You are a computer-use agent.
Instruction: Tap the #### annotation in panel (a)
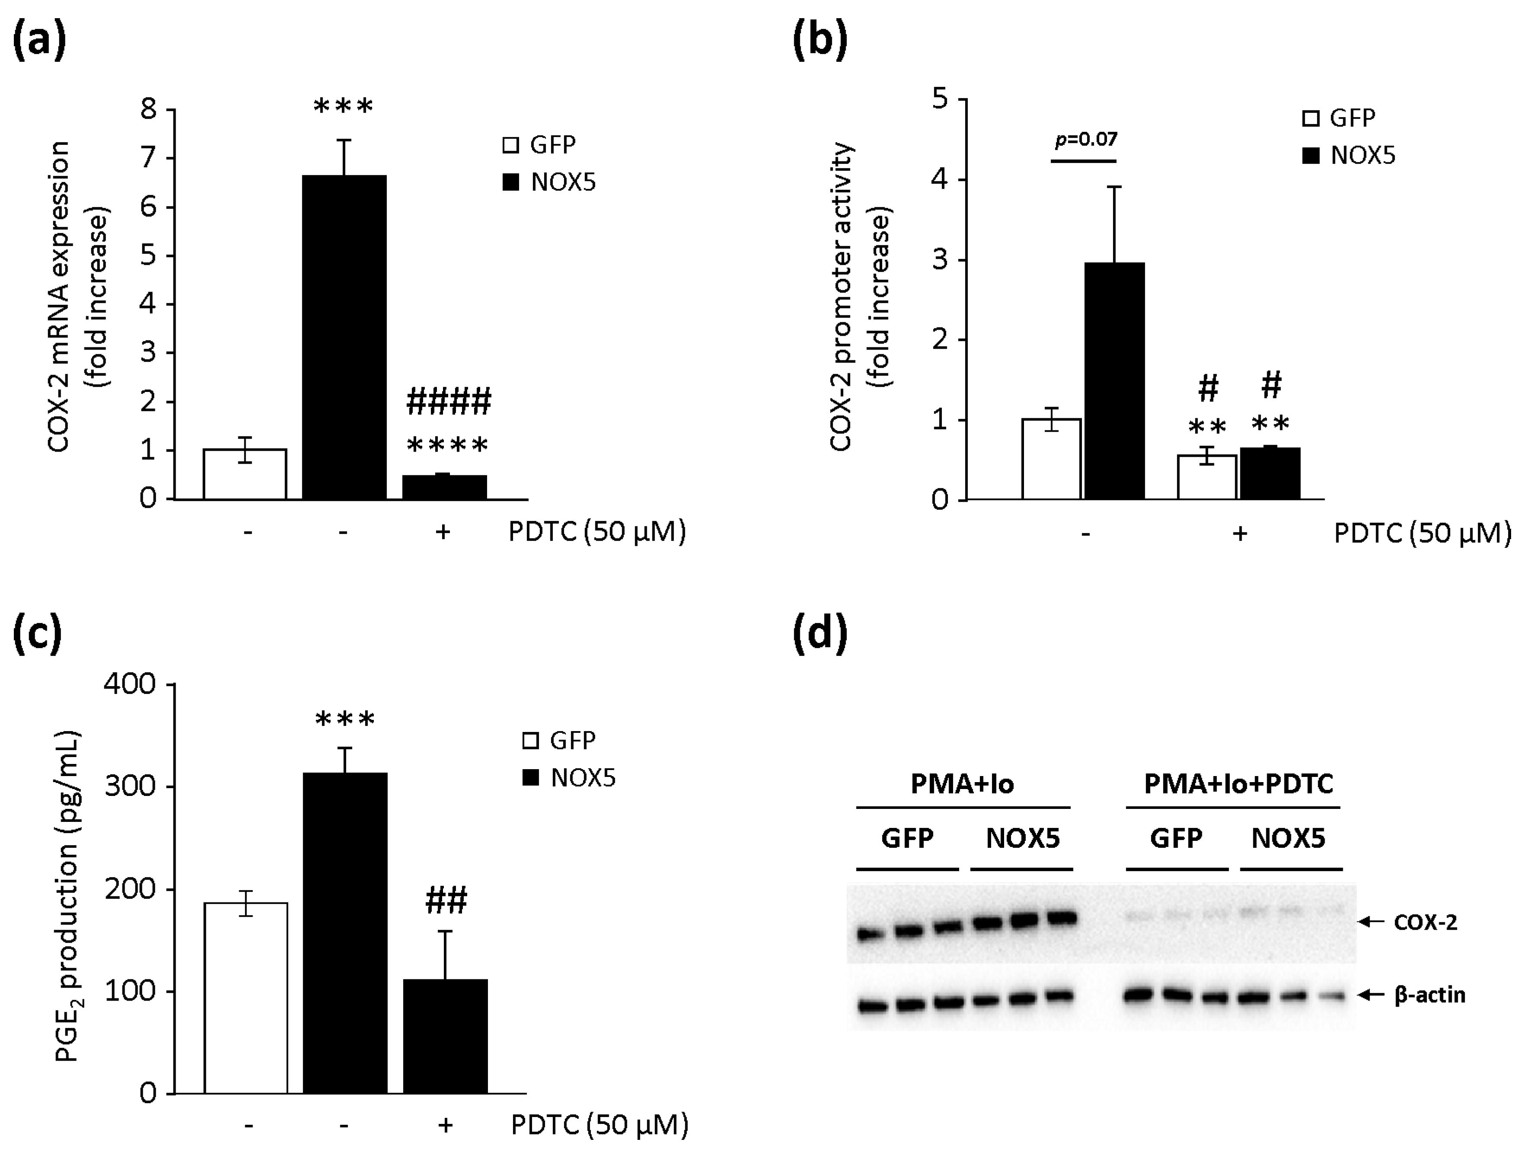tap(449, 402)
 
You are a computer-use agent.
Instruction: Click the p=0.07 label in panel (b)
tap(1086, 140)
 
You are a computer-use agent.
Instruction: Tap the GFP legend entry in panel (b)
tap(1339, 119)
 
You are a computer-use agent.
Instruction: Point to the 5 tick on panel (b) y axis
tap(940, 99)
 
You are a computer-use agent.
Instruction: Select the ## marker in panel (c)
tap(446, 900)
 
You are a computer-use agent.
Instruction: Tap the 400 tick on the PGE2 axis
tap(130, 684)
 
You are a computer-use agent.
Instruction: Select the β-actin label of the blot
tap(1429, 995)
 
